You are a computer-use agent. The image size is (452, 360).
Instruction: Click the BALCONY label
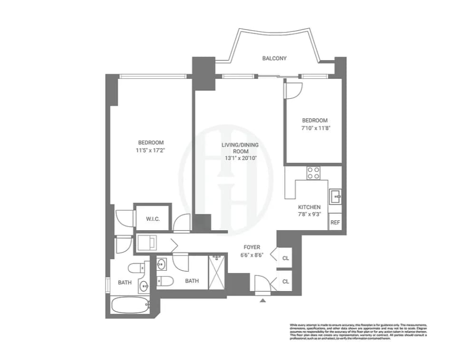click(x=274, y=58)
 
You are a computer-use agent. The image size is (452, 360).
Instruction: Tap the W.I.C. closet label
click(x=152, y=219)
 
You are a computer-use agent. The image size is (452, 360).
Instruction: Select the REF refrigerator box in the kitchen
click(x=335, y=222)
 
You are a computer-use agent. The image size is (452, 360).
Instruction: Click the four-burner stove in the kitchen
click(x=313, y=173)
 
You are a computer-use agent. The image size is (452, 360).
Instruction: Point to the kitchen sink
click(x=335, y=195)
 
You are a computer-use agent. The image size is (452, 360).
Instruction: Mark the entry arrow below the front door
click(x=262, y=300)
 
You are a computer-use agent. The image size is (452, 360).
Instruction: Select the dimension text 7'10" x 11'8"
click(x=314, y=128)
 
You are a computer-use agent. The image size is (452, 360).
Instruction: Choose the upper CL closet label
click(x=286, y=258)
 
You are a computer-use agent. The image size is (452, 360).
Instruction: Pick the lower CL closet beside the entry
click(x=286, y=281)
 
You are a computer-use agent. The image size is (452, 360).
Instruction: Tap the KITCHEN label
click(x=309, y=207)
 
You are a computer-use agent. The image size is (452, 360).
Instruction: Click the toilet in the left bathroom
click(x=138, y=268)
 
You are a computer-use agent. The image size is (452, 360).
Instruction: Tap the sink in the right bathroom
click(x=162, y=264)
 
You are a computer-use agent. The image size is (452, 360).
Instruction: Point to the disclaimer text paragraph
click(x=359, y=332)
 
